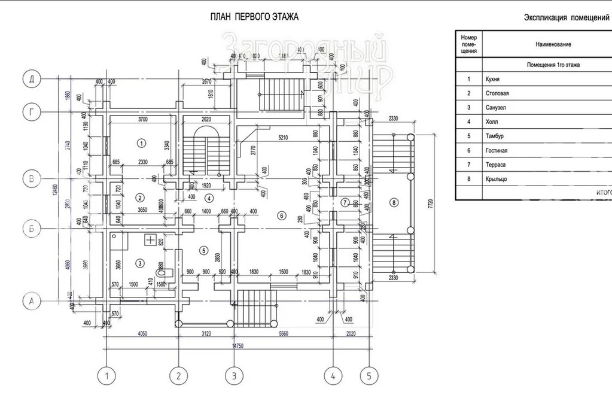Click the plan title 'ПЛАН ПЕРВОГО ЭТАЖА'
tap(254, 17)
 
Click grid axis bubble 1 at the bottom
tap(106, 376)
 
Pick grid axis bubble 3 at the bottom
tap(234, 376)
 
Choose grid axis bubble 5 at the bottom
tap(369, 376)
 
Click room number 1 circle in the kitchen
tap(141, 142)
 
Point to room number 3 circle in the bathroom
tap(140, 262)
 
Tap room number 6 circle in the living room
tap(281, 215)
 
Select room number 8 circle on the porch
tap(393, 202)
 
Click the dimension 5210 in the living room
tap(282, 138)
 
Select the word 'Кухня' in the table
tap(492, 79)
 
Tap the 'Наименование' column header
tap(553, 44)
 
